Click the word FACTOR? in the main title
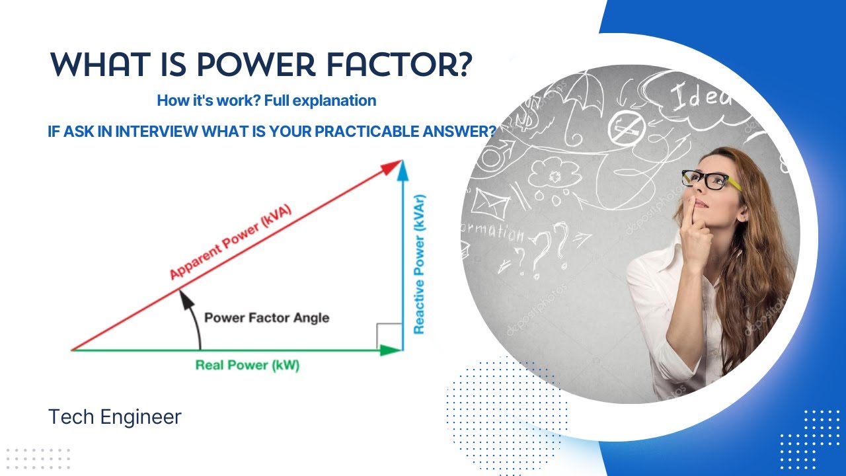[412, 64]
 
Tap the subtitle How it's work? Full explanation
[266, 101]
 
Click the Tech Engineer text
[114, 417]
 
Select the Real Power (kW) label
[247, 365]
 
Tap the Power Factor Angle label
[266, 317]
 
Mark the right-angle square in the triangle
[389, 336]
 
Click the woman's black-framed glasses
[711, 178]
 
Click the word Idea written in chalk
[701, 99]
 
